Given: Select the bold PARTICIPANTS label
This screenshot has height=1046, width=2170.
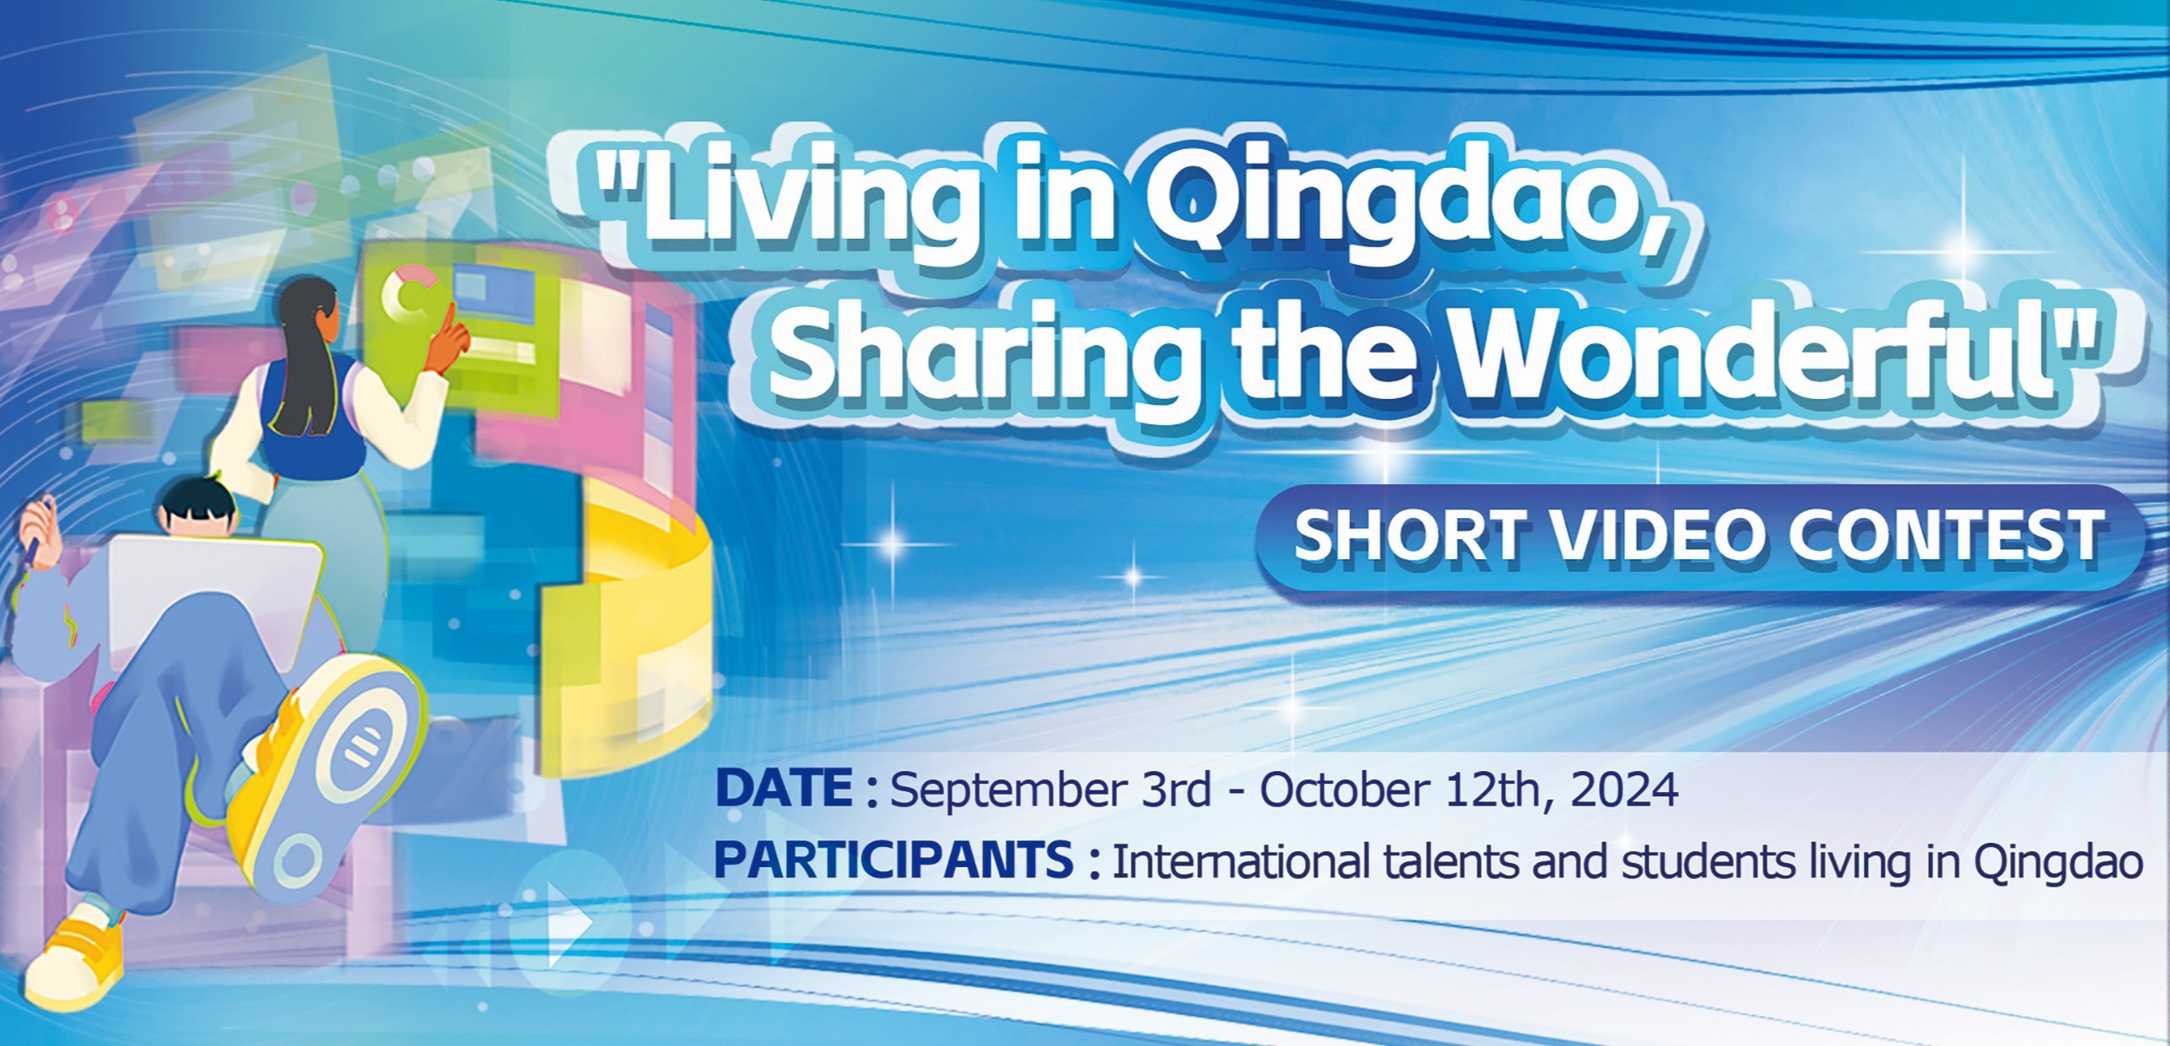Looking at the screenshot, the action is tap(893, 860).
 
